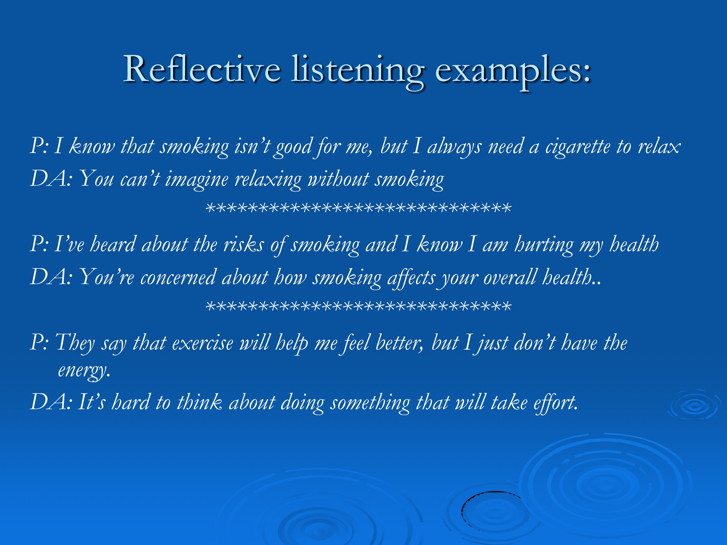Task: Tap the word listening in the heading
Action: tap(358, 72)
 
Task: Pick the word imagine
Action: tap(197, 180)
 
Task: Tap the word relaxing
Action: tap(268, 180)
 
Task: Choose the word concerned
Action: tap(178, 278)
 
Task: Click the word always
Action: tap(455, 147)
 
